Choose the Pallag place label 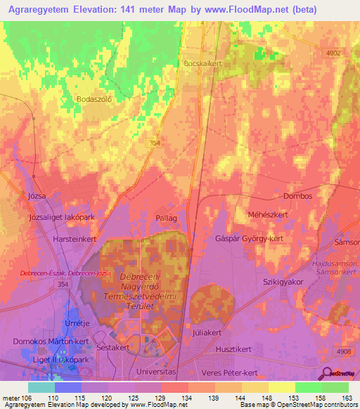coord(166,219)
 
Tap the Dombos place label coord(297,196)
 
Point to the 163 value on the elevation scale coord(346,398)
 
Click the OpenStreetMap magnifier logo coord(327,373)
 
